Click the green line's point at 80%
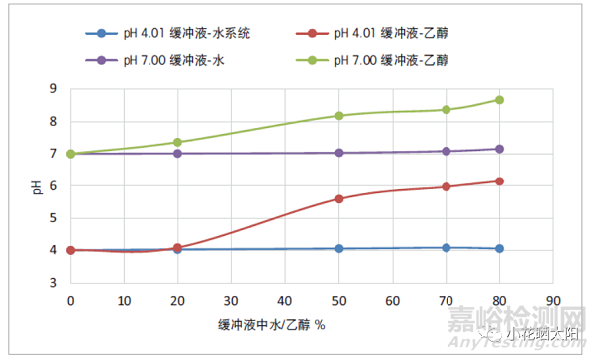pyautogui.click(x=499, y=100)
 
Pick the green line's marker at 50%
pyautogui.click(x=339, y=116)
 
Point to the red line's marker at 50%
pyautogui.click(x=339, y=199)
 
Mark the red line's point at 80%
pyautogui.click(x=499, y=181)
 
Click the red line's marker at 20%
pyautogui.click(x=177, y=248)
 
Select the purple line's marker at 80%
pyautogui.click(x=499, y=149)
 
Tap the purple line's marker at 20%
pyautogui.click(x=177, y=153)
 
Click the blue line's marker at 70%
pyautogui.click(x=446, y=247)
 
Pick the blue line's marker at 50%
pyautogui.click(x=339, y=248)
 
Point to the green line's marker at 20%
pyautogui.click(x=177, y=142)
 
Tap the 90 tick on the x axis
pyautogui.click(x=553, y=298)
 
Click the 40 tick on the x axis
pyautogui.click(x=285, y=298)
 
